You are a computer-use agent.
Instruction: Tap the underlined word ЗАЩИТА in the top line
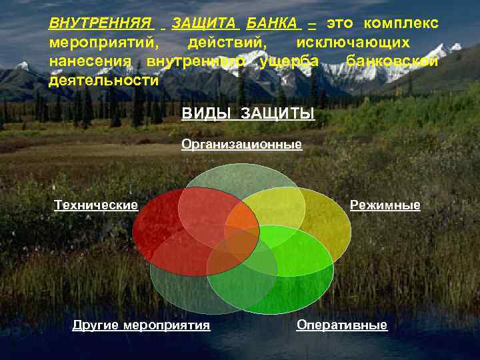[204, 24]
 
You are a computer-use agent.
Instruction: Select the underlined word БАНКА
[272, 24]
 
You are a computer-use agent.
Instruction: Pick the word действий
[227, 43]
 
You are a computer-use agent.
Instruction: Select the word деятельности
[104, 80]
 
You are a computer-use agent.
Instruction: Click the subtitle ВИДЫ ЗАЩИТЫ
[248, 114]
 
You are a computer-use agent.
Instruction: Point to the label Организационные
[241, 144]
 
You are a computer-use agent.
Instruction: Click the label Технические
[96, 205]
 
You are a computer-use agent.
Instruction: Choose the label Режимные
[385, 205]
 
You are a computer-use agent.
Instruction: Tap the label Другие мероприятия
[141, 325]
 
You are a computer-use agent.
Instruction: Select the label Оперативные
[341, 325]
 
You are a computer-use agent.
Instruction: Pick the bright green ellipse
[293, 280]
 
